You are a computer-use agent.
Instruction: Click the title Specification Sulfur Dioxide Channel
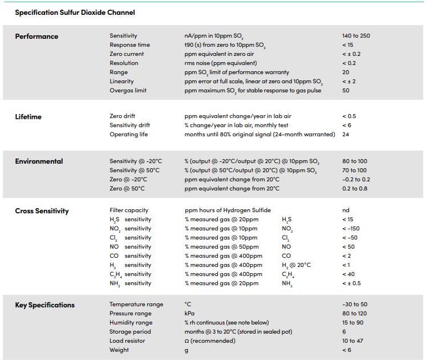(75, 13)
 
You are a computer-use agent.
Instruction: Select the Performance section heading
(36, 36)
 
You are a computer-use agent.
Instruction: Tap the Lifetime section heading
(29, 116)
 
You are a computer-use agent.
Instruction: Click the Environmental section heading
(39, 161)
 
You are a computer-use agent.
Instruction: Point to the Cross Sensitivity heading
(42, 210)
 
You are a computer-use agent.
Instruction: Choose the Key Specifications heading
(44, 305)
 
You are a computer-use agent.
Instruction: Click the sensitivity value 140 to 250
(356, 36)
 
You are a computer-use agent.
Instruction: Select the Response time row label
(129, 44)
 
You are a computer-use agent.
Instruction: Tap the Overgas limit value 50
(346, 90)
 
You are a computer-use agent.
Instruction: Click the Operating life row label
(129, 135)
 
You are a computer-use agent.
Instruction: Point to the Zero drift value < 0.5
(349, 116)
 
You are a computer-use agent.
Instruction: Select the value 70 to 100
(354, 170)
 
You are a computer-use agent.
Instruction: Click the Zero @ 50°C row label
(127, 188)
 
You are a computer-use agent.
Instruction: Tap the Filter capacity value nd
(346, 210)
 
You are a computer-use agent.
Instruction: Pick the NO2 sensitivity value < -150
(351, 229)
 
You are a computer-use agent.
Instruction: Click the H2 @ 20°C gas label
(296, 265)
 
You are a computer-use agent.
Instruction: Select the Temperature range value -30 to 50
(355, 304)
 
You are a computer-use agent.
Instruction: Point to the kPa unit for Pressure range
(189, 313)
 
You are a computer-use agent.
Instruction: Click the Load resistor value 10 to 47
(352, 340)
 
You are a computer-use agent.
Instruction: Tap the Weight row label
(119, 350)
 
